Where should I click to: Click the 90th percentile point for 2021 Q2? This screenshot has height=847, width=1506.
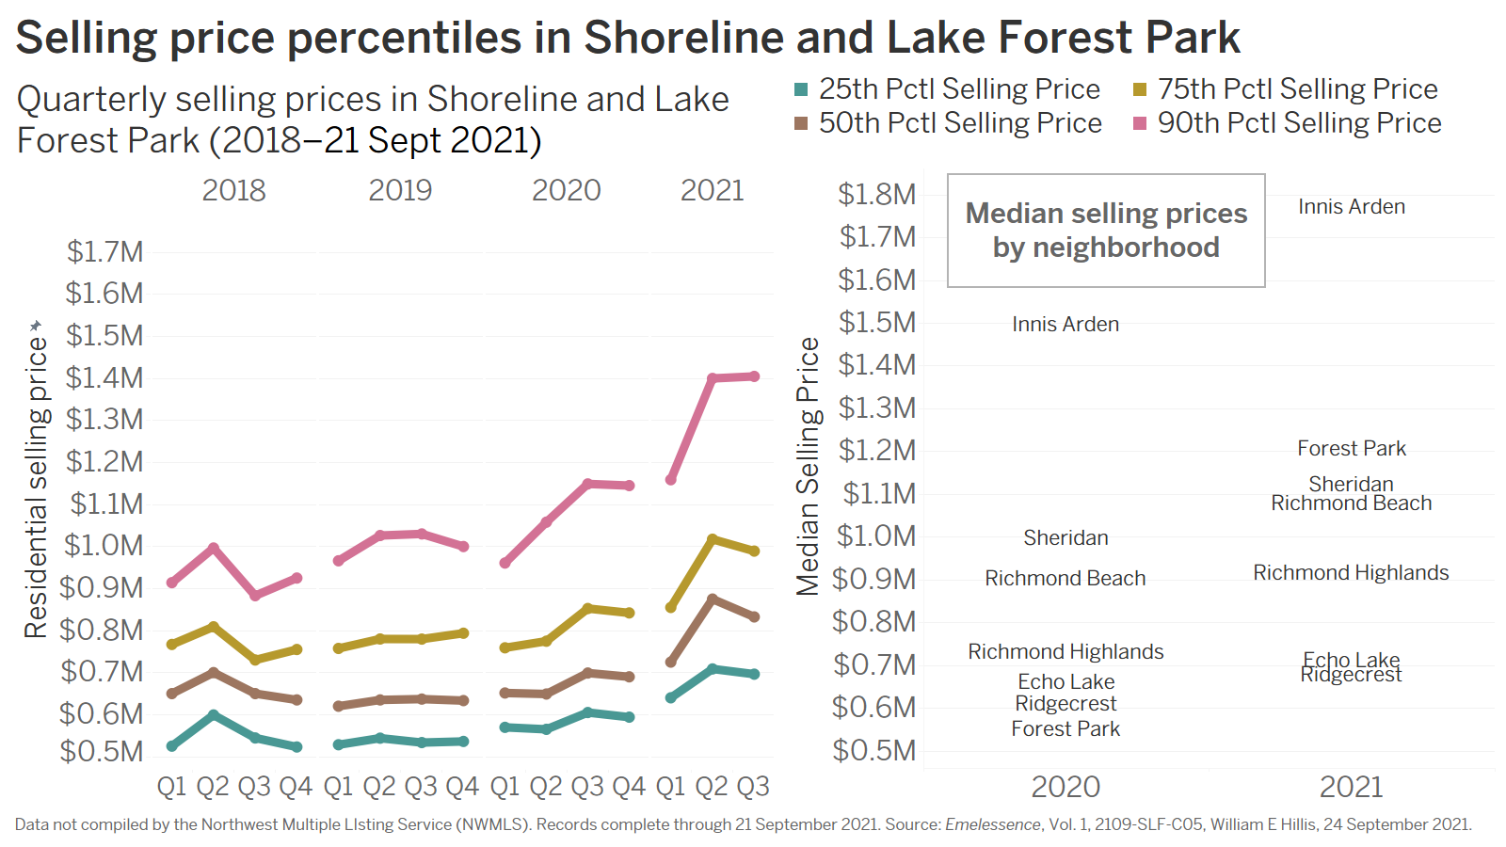pos(713,378)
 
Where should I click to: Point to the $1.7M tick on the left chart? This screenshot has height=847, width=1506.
pos(104,252)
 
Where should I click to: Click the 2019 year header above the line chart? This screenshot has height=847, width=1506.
pos(400,190)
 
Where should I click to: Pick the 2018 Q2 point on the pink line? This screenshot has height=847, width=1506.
pos(214,548)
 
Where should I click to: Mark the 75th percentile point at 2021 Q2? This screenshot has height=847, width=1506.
pos(713,539)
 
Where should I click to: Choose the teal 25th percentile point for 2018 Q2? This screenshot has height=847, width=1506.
pos(214,715)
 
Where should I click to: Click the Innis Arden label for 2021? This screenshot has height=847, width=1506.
pos(1352,207)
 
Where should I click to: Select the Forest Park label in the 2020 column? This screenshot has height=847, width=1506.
pos(1065,729)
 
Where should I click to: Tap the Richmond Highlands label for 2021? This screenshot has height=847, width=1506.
pos(1351,573)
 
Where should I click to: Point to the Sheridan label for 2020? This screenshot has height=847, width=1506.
pos(1065,538)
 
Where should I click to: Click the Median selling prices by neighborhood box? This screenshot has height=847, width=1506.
pos(1106,231)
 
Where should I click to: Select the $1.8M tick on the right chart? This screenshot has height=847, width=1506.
pos(876,195)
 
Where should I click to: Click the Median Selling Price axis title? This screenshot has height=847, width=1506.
pos(808,467)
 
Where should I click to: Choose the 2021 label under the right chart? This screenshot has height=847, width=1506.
pos(1351,787)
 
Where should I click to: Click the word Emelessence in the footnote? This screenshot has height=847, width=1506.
pos(992,824)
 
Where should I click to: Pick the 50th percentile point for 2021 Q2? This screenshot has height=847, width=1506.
pos(713,599)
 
